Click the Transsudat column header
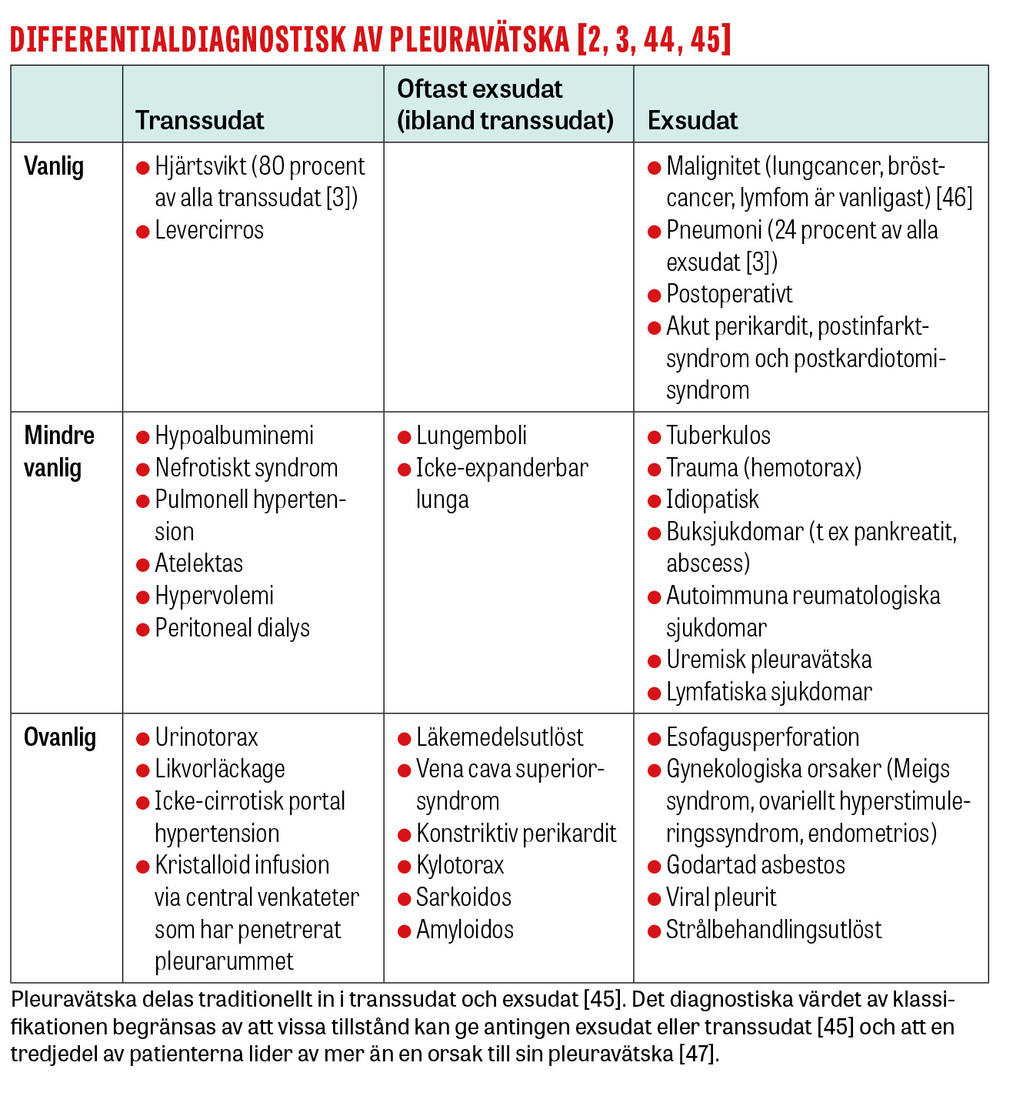[199, 121]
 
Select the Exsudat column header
[692, 121]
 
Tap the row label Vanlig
[54, 167]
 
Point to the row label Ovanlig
[60, 738]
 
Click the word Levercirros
[209, 230]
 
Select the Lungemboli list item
[472, 436]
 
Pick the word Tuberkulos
[718, 436]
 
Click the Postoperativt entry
[729, 295]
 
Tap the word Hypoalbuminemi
[235, 436]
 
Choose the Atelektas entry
[199, 564]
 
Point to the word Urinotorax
[206, 738]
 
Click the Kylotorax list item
[460, 866]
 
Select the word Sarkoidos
[464, 898]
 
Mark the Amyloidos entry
[465, 931]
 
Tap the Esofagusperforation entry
[762, 738]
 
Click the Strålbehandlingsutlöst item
[774, 931]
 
